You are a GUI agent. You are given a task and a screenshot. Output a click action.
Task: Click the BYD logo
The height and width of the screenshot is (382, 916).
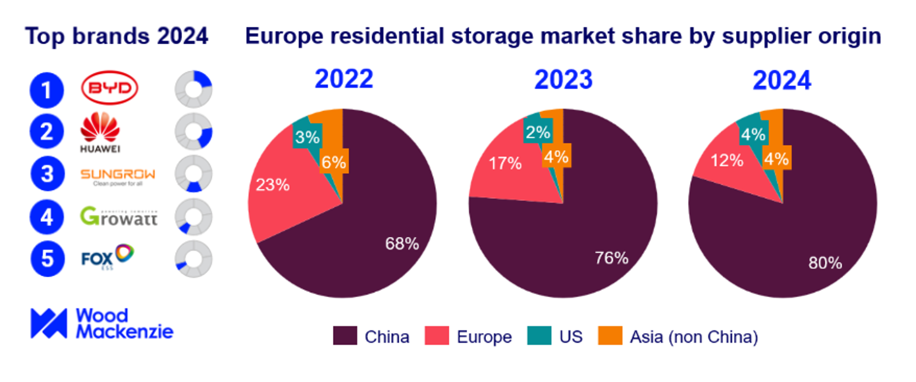tap(109, 88)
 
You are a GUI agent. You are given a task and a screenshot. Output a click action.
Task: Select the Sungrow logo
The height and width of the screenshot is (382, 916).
tap(118, 176)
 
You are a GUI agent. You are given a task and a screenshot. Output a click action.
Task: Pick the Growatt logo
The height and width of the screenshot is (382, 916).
tap(119, 217)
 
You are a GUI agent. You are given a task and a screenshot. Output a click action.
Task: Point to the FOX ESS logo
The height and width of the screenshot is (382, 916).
tap(107, 256)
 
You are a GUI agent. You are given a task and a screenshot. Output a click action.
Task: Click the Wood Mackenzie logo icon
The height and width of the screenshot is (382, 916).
tap(48, 324)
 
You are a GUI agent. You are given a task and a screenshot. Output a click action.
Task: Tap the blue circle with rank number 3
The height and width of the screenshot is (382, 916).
tap(47, 174)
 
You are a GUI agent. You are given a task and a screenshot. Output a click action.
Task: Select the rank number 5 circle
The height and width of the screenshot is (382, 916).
tap(47, 259)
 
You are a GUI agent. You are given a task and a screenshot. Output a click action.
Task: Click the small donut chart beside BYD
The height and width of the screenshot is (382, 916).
tap(193, 90)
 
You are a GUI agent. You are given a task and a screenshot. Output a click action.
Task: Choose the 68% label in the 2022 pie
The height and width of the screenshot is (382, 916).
tap(402, 244)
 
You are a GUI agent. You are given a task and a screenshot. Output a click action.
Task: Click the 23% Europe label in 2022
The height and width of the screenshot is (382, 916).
tap(273, 185)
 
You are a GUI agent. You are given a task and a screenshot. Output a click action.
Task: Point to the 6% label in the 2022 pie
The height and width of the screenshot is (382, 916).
tap(334, 162)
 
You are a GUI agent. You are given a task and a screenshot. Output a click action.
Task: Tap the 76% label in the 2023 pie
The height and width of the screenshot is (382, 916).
tap(611, 258)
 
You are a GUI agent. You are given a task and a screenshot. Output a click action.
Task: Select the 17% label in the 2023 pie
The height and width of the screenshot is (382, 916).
tap(505, 163)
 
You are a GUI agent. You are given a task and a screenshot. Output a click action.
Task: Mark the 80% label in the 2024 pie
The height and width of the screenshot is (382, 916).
tap(825, 263)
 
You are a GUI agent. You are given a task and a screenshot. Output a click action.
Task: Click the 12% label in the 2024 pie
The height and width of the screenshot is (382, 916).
tap(727, 161)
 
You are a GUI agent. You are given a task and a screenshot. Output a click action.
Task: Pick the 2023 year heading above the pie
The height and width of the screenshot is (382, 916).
tap(563, 80)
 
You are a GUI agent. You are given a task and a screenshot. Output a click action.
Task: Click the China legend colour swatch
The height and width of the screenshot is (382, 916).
tap(345, 336)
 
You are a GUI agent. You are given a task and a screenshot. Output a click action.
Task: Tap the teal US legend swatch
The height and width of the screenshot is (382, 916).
tap(539, 336)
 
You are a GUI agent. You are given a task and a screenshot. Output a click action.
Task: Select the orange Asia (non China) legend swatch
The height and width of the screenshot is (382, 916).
tap(610, 336)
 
